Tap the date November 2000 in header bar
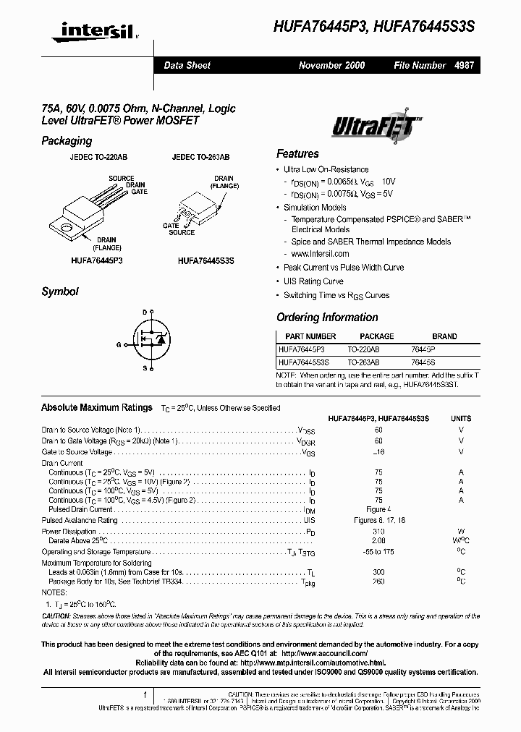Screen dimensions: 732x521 click(331, 65)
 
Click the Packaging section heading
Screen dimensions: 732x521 click(67, 141)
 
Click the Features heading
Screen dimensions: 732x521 click(297, 153)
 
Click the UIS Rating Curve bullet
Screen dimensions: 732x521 click(313, 281)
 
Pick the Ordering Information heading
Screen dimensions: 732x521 click(327, 318)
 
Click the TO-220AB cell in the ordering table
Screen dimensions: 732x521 click(363, 349)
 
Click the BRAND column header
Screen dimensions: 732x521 click(444, 336)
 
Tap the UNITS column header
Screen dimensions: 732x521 click(461, 418)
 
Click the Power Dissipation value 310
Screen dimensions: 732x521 click(378, 530)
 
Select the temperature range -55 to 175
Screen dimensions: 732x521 click(378, 552)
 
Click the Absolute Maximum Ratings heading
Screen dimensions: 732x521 click(97, 407)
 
